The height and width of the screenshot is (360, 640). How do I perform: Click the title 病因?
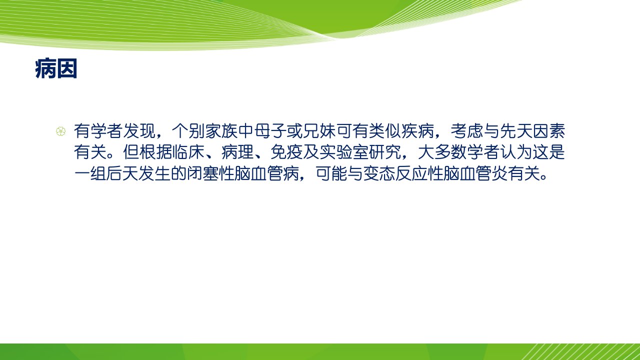pyautogui.click(x=56, y=69)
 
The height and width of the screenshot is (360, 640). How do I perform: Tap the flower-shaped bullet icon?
pyautogui.click(x=60, y=131)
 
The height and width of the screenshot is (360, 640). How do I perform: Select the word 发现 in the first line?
pyautogui.click(x=139, y=131)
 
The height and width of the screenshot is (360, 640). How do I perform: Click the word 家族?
pyautogui.click(x=221, y=131)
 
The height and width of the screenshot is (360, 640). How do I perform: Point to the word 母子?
pyautogui.click(x=270, y=131)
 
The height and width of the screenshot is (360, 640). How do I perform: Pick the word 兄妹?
pyautogui.click(x=319, y=131)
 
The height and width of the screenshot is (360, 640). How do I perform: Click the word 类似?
pyautogui.click(x=385, y=131)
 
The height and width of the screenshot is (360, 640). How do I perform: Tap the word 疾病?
pyautogui.click(x=418, y=131)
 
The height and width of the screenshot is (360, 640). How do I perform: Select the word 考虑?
pyautogui.click(x=467, y=131)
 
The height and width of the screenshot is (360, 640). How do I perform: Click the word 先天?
pyautogui.click(x=516, y=131)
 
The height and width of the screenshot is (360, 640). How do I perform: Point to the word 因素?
pyautogui.click(x=549, y=131)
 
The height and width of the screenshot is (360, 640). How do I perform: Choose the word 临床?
pyautogui.click(x=188, y=152)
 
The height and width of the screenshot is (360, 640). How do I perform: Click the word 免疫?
pyautogui.click(x=286, y=152)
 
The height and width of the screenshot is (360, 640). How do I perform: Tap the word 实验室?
pyautogui.click(x=344, y=152)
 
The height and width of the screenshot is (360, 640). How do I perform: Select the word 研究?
pyautogui.click(x=385, y=152)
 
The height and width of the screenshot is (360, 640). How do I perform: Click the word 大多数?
pyautogui.click(x=442, y=152)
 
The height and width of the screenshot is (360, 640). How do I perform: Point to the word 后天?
pyautogui.click(x=123, y=173)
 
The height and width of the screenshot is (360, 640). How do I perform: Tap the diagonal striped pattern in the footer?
pyautogui.click(x=580, y=351)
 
